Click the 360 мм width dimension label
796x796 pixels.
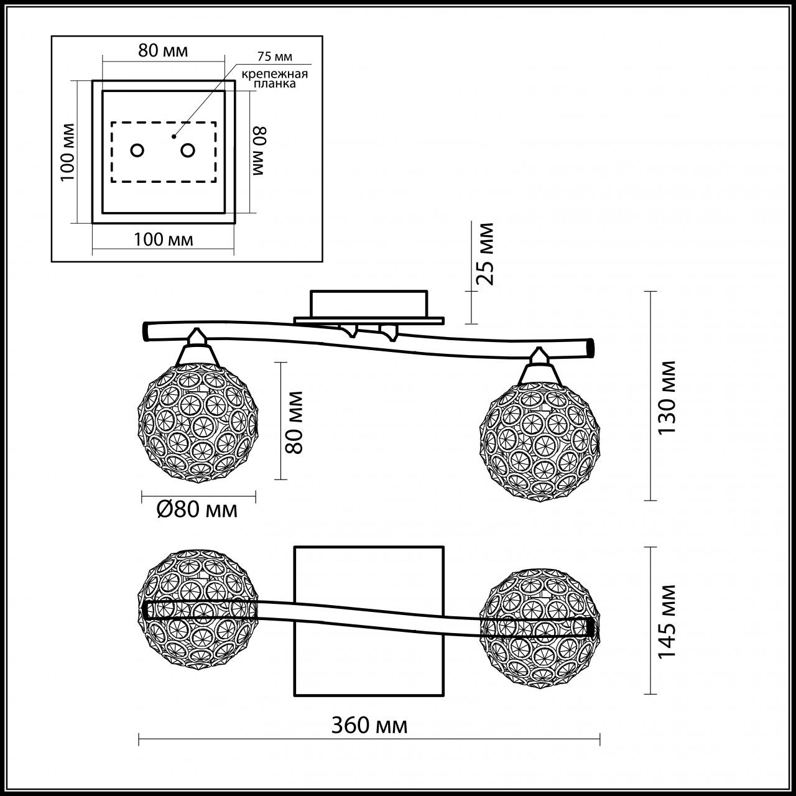coord(369,725)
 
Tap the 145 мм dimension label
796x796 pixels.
coord(667,621)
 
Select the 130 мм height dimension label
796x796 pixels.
coord(667,397)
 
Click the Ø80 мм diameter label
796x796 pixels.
coord(197,510)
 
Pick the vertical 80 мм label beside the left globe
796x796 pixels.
coord(294,422)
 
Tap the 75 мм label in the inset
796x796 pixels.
coord(274,57)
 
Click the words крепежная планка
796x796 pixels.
coord(275,79)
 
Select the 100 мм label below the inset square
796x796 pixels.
coord(164,239)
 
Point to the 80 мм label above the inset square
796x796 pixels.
coord(162,50)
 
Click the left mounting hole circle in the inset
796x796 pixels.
coord(137,150)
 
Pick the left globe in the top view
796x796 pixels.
coord(197,608)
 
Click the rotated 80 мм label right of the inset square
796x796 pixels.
coord(259,151)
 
